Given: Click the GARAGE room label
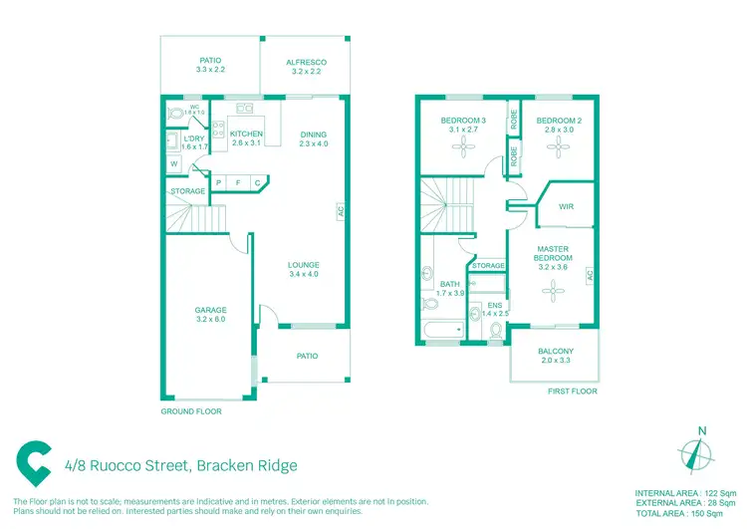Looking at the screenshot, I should [x=210, y=310].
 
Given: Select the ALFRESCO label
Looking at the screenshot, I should [x=307, y=62].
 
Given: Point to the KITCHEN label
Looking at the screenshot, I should [x=246, y=133].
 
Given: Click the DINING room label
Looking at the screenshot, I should [x=313, y=134].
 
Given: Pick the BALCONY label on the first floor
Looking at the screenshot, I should [x=556, y=351].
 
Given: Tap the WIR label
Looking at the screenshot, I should [x=567, y=207].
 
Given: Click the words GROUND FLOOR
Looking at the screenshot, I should [x=191, y=411].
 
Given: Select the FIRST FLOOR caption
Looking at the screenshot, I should [x=573, y=392].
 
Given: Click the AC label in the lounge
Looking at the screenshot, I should [x=340, y=212].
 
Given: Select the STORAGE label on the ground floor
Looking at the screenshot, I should [x=187, y=191].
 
